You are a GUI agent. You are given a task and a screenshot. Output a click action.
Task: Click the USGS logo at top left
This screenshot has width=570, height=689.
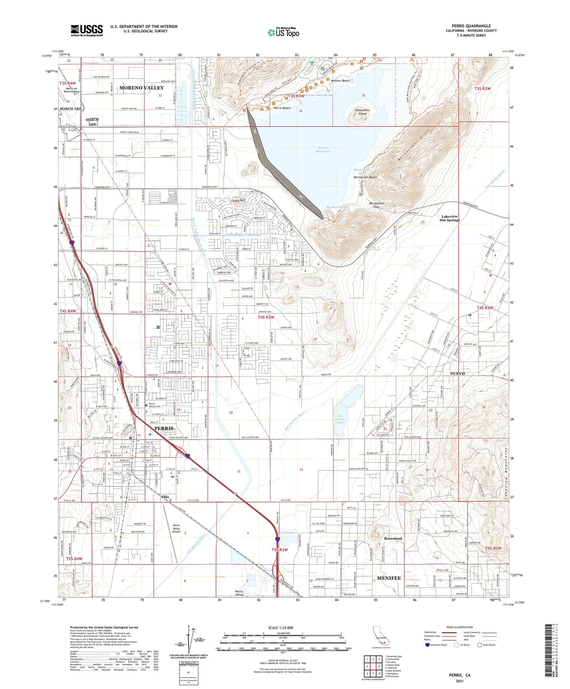86,30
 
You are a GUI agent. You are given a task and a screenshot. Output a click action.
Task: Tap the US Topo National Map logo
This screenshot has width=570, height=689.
283,32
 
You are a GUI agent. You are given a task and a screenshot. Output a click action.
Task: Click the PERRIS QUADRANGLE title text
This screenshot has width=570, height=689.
471,26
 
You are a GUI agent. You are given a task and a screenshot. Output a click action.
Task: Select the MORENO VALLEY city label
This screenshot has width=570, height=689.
141,88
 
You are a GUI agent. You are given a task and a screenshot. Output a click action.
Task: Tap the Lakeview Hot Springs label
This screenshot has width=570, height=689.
450,218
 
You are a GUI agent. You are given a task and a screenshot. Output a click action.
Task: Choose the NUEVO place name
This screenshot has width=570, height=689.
457,373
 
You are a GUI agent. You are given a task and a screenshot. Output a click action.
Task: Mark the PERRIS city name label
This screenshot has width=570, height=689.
164,428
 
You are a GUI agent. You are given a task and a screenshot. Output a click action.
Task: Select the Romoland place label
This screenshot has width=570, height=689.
393,538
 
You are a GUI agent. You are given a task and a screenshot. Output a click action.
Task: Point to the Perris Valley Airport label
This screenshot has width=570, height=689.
176,528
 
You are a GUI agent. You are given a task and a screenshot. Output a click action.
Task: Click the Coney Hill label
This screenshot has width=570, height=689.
238,200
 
